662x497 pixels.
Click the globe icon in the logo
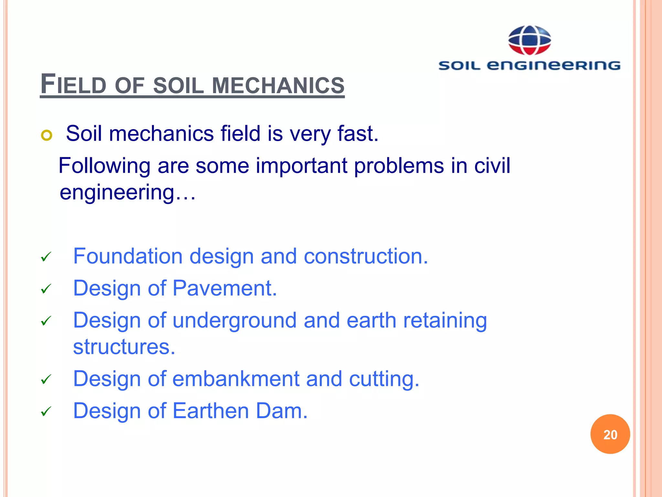[529, 40]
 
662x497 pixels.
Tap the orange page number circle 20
[610, 434]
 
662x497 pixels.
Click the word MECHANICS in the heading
[278, 85]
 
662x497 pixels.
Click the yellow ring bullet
[47, 135]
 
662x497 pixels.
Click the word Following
[104, 166]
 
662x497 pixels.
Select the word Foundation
[128, 256]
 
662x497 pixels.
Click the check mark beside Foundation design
[46, 257]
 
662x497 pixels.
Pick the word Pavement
[225, 288]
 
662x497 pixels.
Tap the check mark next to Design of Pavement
[46, 289]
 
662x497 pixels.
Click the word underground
[234, 320]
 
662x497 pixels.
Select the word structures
[124, 347]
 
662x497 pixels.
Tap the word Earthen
[210, 411]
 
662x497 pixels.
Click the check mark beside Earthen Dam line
[46, 412]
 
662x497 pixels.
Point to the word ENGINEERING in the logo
[553, 65]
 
